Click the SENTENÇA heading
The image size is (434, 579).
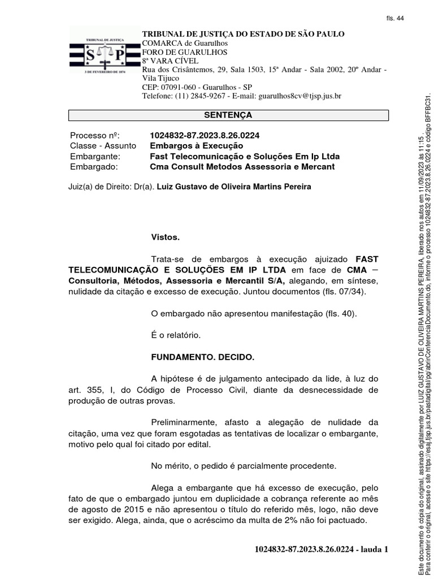[x=228, y=115]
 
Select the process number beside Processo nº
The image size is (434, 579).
[x=205, y=136]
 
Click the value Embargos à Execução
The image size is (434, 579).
[x=188, y=146]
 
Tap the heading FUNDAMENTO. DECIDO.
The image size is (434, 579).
[x=203, y=357]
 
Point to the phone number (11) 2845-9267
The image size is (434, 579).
[x=196, y=96]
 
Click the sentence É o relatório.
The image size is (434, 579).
[x=176, y=335]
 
